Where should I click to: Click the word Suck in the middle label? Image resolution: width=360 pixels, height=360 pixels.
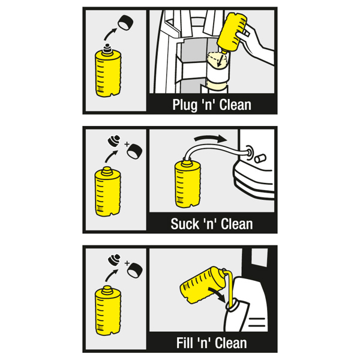click(185, 224)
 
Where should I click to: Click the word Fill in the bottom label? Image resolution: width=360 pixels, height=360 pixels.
click(185, 343)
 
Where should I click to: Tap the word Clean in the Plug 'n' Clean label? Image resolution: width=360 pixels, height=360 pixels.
click(235, 104)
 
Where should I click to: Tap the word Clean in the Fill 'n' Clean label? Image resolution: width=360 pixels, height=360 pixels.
click(231, 343)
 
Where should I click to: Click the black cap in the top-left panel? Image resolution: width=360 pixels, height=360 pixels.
click(125, 23)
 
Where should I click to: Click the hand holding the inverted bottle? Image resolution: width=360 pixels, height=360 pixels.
click(255, 44)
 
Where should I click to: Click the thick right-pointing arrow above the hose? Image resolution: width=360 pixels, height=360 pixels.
click(211, 138)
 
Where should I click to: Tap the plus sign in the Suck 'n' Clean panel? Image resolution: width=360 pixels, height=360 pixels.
click(127, 144)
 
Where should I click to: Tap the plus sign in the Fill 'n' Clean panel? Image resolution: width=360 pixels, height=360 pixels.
click(127, 263)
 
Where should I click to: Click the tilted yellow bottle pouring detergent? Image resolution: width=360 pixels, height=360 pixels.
click(202, 284)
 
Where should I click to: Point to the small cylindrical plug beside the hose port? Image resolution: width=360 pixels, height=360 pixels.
click(261, 158)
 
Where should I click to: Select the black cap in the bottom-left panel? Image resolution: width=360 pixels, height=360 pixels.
click(135, 270)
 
